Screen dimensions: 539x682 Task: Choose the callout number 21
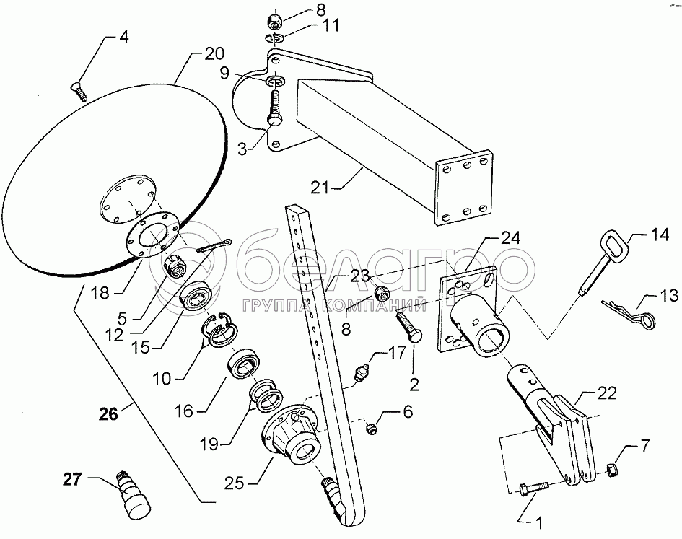point(319,188)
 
